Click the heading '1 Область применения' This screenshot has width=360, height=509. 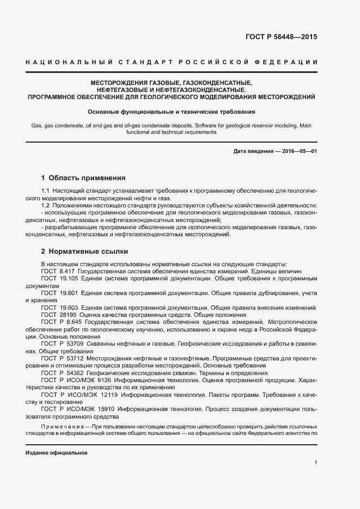pos(84,177)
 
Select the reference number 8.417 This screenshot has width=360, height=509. pos(67,271)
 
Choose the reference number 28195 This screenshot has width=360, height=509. pos(68,315)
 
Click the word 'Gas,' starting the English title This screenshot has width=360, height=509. pos(37,126)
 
